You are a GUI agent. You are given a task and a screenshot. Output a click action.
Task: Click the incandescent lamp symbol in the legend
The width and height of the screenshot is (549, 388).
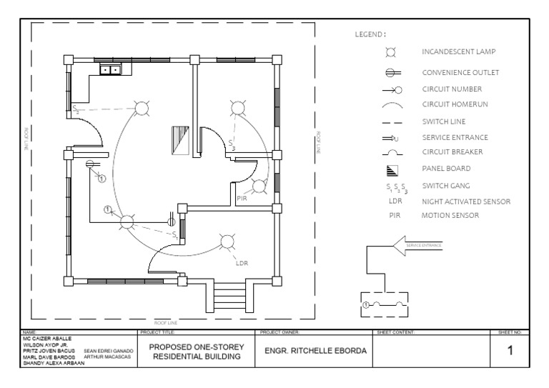pyautogui.click(x=391, y=53)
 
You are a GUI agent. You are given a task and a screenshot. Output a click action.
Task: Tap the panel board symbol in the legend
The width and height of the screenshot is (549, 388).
pyautogui.click(x=392, y=170)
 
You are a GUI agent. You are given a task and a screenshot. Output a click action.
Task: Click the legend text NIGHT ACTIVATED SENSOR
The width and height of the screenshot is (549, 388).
pyautogui.click(x=466, y=202)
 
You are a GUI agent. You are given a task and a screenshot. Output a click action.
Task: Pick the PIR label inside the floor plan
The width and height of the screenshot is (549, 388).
pyautogui.click(x=242, y=198)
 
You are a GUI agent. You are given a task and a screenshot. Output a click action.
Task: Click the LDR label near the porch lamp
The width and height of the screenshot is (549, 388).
pyautogui.click(x=242, y=262)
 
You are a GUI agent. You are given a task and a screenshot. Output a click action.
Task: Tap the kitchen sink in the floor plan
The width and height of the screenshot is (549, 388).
pyautogui.click(x=110, y=70)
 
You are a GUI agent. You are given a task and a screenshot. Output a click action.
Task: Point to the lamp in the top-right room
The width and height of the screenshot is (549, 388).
pyautogui.click(x=238, y=108)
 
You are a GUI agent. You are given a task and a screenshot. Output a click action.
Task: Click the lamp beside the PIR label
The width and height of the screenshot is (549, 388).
pyautogui.click(x=259, y=186)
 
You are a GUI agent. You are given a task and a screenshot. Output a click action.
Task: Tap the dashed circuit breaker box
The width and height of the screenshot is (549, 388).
pyautogui.click(x=385, y=304)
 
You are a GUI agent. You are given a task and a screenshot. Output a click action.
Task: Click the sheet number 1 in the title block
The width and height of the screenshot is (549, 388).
pyautogui.click(x=510, y=350)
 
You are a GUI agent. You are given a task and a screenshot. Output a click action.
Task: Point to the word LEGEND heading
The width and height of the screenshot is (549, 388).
pyautogui.click(x=370, y=34)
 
